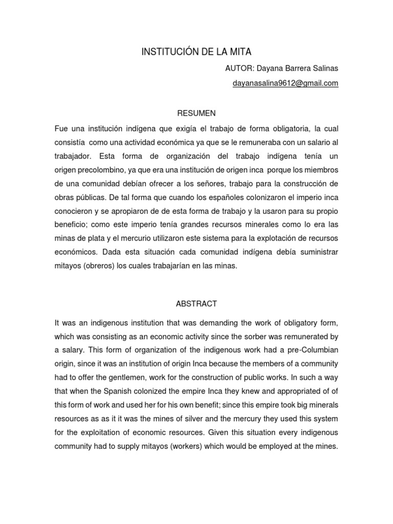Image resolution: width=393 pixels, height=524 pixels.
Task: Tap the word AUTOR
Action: [x=237, y=69]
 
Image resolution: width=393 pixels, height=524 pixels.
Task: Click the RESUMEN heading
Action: [x=196, y=113]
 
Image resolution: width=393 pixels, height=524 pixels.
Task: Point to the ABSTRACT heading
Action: [x=196, y=303]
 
